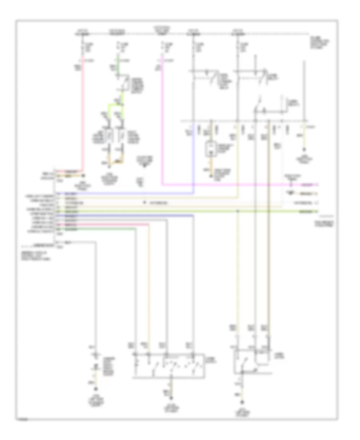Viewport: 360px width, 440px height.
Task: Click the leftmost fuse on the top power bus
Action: tap(83, 48)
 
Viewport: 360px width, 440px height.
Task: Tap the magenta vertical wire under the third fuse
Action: tap(162, 120)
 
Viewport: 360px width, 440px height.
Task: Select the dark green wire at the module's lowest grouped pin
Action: tap(96, 229)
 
